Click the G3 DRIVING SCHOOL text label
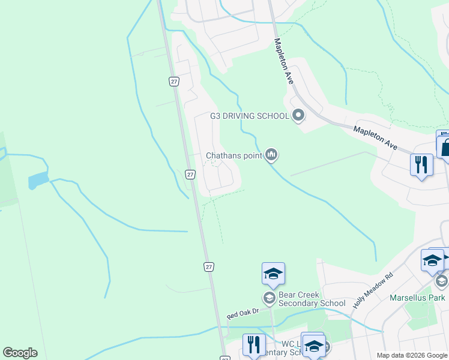[x=249, y=116]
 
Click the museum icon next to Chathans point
[x=272, y=155]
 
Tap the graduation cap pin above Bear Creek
[x=273, y=274]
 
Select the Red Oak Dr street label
[x=243, y=313]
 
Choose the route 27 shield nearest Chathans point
[x=190, y=175]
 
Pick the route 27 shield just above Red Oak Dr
[x=208, y=266]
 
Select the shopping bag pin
[x=447, y=146]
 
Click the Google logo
[x=20, y=353]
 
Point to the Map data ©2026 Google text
[x=411, y=355]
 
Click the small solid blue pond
[x=37, y=179]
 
